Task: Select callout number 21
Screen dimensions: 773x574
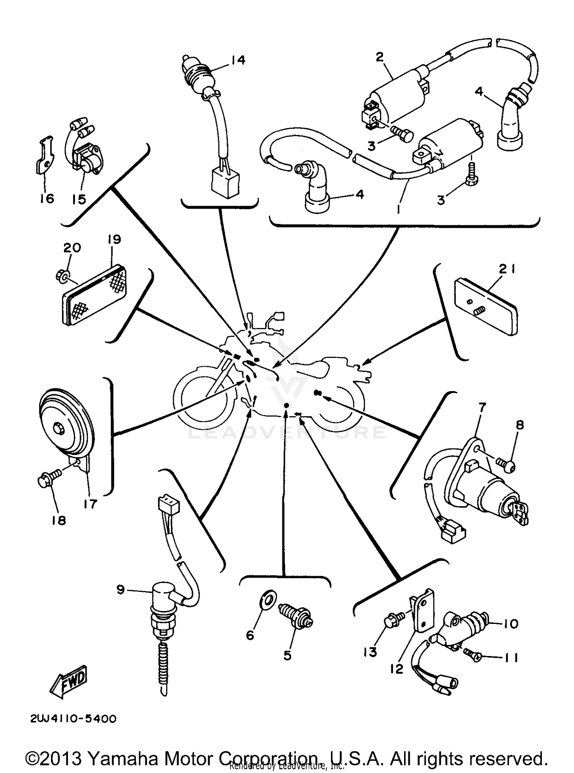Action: pos(507,269)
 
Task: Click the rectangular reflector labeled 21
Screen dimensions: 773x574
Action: pos(485,309)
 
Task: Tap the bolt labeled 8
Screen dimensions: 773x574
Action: pos(507,464)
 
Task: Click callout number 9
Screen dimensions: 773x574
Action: pos(121,590)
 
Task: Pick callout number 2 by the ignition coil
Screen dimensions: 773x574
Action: pos(379,57)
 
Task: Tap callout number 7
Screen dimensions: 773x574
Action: pos(481,408)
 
